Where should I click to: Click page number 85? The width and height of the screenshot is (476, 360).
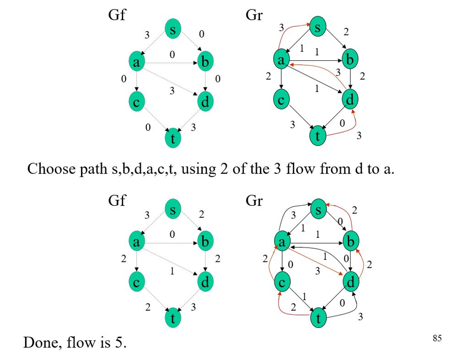pos(436,338)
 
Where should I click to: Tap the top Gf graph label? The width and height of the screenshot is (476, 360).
pos(117,15)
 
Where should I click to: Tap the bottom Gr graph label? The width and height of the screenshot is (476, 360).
pos(254,201)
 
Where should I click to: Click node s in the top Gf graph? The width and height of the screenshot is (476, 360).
pos(172,29)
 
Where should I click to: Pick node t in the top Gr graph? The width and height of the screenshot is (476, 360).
pos(318,136)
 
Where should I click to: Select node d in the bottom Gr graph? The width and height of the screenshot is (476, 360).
pos(350,282)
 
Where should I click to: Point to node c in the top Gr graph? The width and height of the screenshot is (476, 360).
pos(281,100)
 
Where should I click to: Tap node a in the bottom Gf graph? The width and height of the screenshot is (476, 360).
pos(136,242)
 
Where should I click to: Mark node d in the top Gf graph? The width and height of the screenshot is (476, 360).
pos(205,101)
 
